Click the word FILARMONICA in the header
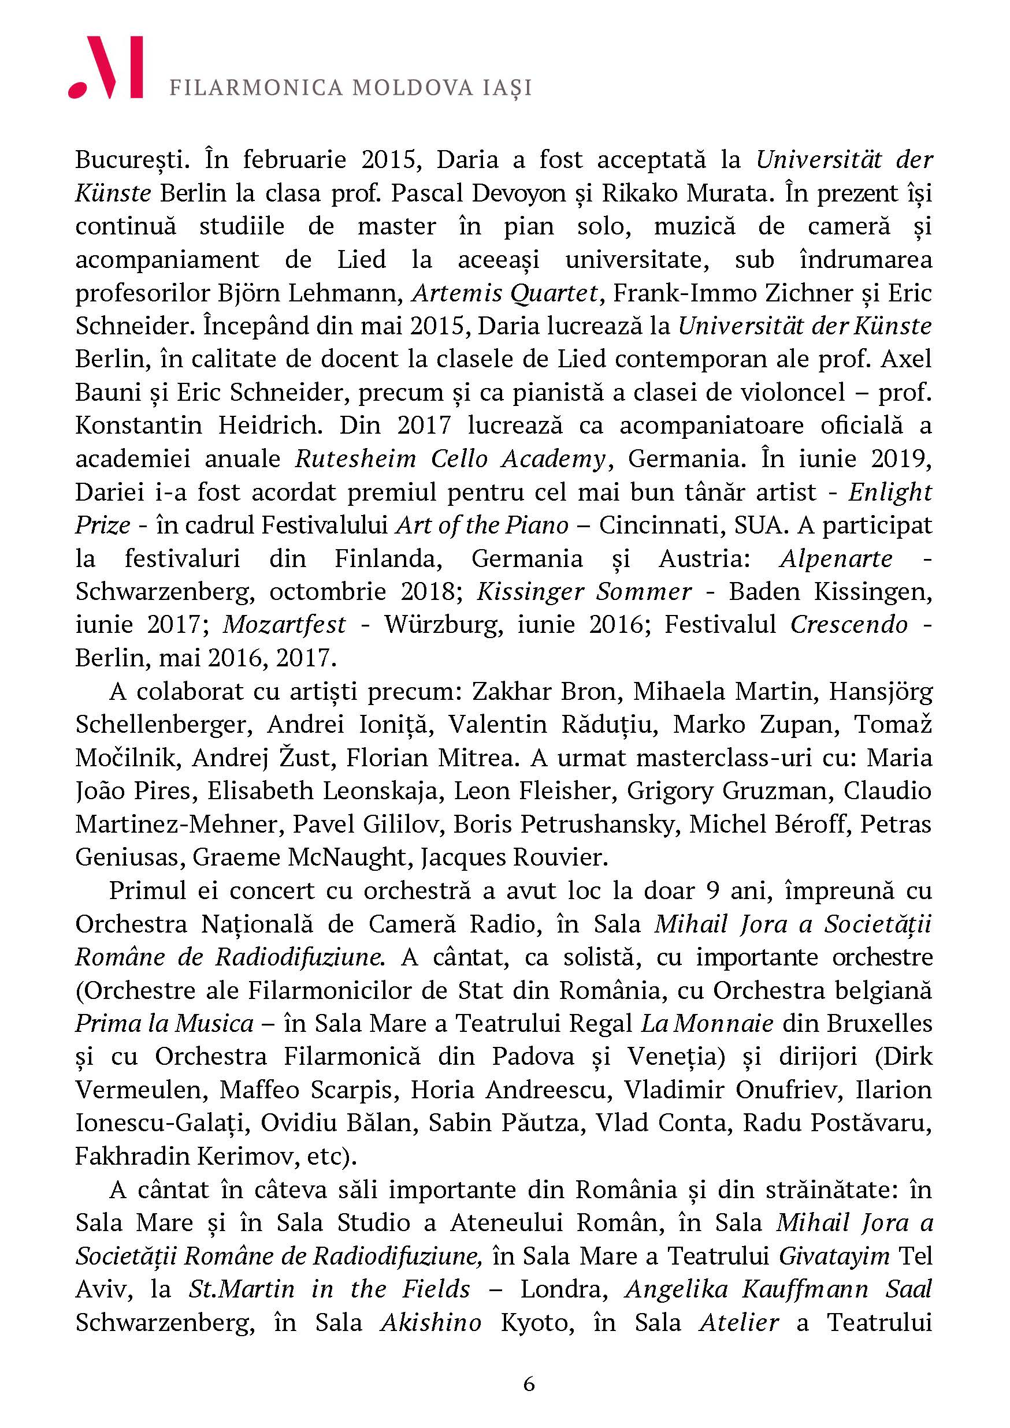pyautogui.click(x=256, y=88)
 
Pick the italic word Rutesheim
pyautogui.click(x=355, y=459)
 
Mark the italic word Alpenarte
pyautogui.click(x=836, y=558)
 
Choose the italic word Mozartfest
pyautogui.click(x=284, y=624)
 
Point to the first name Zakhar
pyautogui.click(x=507, y=692)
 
